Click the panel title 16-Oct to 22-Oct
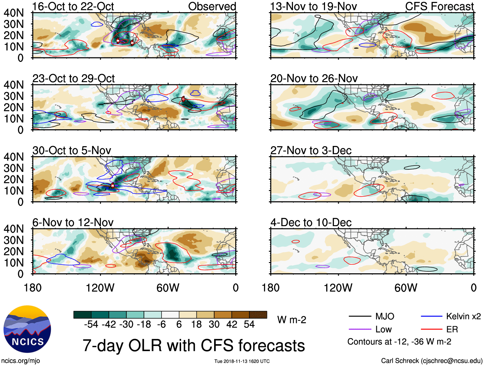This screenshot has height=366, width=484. point(73,6)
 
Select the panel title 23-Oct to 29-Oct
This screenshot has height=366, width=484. point(73,79)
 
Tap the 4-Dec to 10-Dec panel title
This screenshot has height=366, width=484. point(311,223)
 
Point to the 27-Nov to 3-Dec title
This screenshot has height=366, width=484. point(311,150)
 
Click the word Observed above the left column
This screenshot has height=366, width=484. point(212,6)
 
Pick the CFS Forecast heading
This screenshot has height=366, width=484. point(439,6)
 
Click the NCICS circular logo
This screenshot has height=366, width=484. point(27,329)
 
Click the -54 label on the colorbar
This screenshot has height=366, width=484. point(91,325)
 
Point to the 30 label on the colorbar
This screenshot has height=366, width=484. point(214,325)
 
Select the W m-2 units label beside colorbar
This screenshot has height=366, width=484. point(292,320)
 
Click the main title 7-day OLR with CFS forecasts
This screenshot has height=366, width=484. point(194,346)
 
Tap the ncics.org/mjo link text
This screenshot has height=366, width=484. point(21,361)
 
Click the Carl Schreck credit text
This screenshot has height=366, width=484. point(431,361)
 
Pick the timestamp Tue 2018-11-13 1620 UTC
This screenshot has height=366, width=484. point(242,361)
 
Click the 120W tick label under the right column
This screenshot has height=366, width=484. point(338,288)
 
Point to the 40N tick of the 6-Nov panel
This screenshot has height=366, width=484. point(14,229)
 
